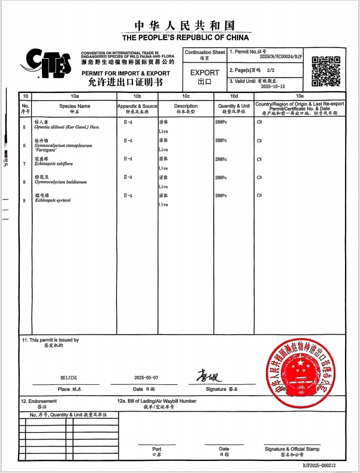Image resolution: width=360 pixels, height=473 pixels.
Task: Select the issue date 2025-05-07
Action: pos(146,378)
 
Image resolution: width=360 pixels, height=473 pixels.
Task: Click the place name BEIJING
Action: pos(69,378)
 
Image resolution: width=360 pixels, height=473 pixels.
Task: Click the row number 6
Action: pos(24,146)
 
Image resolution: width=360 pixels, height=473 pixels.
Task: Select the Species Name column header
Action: pos(74,106)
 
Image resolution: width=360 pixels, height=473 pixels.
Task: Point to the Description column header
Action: pos(186,106)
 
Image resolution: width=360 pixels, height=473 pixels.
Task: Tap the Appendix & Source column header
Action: pos(137,106)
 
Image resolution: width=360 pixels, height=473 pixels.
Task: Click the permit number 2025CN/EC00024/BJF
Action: pos(282,59)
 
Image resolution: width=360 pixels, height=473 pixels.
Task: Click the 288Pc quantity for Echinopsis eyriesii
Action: pos(221,195)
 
